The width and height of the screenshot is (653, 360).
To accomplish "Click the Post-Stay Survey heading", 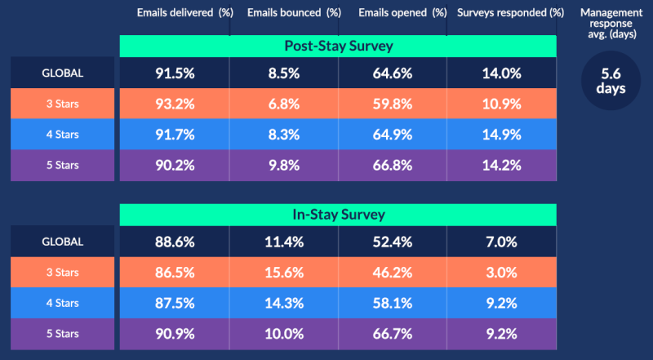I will tap(338, 46).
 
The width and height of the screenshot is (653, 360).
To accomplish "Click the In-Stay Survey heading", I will tap(338, 216).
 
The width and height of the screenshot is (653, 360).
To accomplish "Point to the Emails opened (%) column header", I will tap(393, 13).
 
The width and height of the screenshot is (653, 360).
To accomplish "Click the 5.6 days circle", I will tap(611, 81).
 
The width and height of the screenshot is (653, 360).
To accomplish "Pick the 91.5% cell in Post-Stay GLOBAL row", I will tap(175, 73).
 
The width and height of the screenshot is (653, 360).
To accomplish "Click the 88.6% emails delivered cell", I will tap(175, 242).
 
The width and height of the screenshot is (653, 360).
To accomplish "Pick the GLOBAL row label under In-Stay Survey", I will tap(62, 242).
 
